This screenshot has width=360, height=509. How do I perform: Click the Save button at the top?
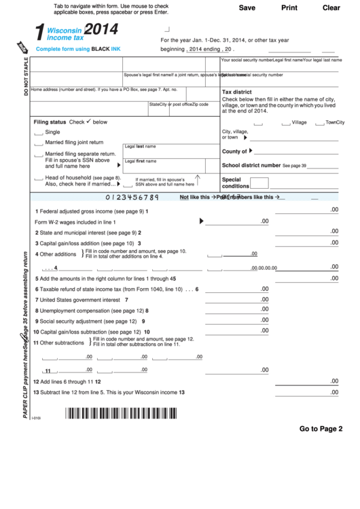tap(247, 8)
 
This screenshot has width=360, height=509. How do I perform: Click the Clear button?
tap(331, 8)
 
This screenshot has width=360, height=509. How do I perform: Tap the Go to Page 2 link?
tap(321, 429)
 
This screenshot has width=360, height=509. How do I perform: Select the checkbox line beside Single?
tap(38, 133)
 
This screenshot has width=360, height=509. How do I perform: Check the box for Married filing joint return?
tap(38, 143)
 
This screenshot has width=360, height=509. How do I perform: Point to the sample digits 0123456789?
tap(133, 197)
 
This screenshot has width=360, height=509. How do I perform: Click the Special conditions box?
tap(259, 183)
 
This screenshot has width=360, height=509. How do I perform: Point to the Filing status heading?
tap(50, 122)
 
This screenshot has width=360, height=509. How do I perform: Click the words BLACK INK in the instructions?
tap(106, 50)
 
